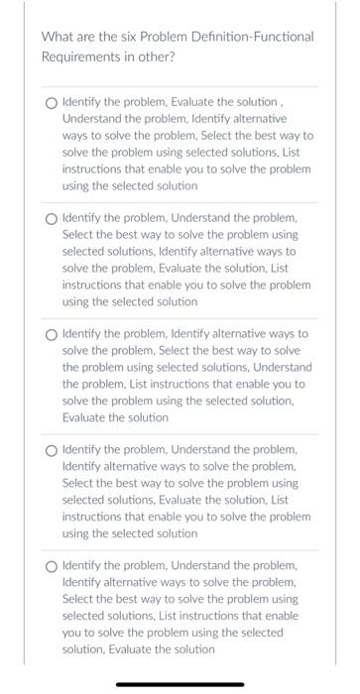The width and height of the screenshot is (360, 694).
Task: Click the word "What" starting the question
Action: pyautogui.click(x=58, y=38)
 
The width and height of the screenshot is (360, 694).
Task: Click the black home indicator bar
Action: pyautogui.click(x=180, y=683)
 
